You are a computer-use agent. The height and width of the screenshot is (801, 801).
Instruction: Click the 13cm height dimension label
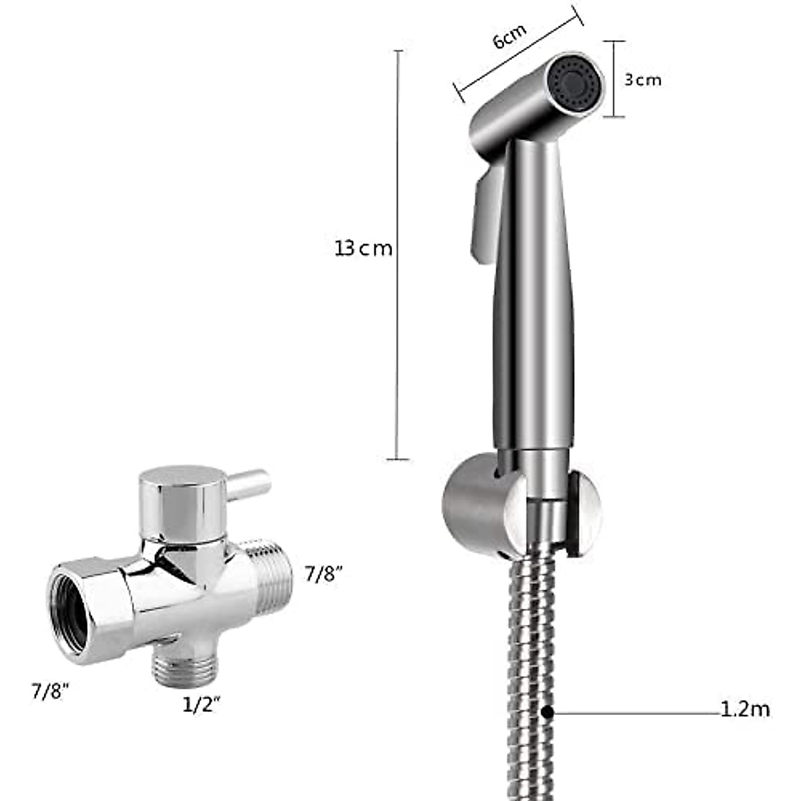tap(364, 249)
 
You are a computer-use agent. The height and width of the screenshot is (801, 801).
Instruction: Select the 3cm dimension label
tap(642, 80)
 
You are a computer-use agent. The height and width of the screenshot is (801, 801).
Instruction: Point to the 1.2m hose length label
tap(745, 709)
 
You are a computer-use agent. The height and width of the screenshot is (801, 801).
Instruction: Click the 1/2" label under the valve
tap(201, 705)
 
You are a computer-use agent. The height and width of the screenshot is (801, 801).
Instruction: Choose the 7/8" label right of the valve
tap(324, 574)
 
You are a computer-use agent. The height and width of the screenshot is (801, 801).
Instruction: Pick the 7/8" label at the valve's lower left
tap(51, 690)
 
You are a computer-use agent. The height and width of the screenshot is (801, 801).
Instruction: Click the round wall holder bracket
tap(481, 507)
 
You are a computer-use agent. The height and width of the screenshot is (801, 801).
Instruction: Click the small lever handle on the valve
tap(251, 479)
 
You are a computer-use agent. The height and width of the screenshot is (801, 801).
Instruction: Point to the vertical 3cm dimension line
tap(614, 79)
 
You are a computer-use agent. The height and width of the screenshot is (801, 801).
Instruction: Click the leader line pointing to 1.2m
tap(634, 713)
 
